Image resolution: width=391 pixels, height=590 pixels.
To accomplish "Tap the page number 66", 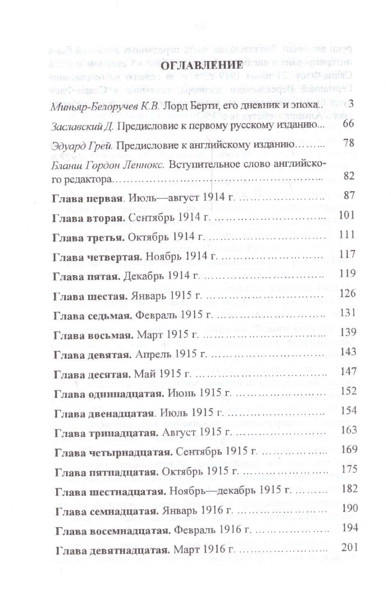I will click(x=348, y=124).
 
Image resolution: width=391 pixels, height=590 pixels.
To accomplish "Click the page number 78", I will click(x=348, y=143).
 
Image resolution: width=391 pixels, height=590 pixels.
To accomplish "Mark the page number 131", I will click(x=348, y=312).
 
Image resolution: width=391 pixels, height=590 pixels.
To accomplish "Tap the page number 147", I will click(x=348, y=371).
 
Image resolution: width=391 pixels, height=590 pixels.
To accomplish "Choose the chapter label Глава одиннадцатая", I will click(x=109, y=393).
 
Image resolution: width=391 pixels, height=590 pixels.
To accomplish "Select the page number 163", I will click(x=348, y=430).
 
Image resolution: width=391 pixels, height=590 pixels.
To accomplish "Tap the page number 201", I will click(x=349, y=547).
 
